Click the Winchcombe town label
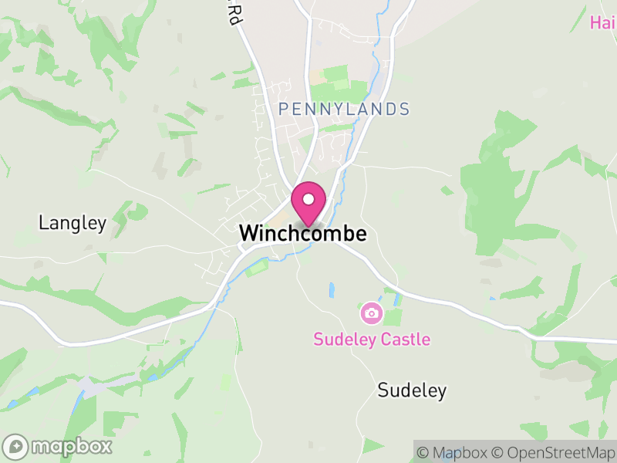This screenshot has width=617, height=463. click(x=302, y=233)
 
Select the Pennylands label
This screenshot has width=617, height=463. click(x=344, y=110)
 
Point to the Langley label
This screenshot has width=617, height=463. click(x=72, y=223)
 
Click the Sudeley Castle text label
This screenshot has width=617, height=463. click(x=371, y=339)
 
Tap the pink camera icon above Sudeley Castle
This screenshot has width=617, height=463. click(x=371, y=313)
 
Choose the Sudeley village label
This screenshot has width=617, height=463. click(x=412, y=390)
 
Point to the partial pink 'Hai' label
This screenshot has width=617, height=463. click(x=603, y=22)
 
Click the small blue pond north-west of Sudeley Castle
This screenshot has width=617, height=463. click(x=332, y=290)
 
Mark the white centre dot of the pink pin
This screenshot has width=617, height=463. click(x=308, y=200)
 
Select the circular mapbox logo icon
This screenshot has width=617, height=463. click(x=16, y=446)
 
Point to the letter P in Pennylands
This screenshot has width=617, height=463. click(x=284, y=110)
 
